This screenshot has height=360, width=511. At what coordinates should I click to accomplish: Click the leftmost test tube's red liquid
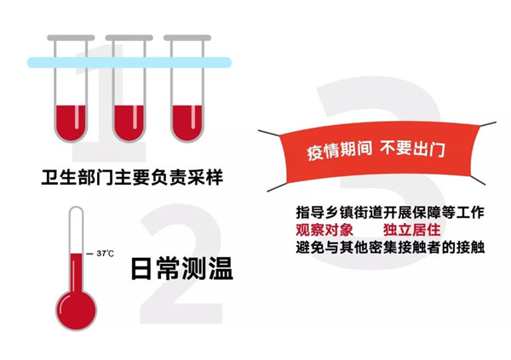pyautogui.click(x=71, y=123)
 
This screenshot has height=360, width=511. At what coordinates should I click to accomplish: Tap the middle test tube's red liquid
pyautogui.click(x=129, y=123)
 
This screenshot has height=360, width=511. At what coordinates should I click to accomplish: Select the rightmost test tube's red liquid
pyautogui.click(x=187, y=123)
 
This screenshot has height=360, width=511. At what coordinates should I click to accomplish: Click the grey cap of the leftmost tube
pyautogui.click(x=71, y=37)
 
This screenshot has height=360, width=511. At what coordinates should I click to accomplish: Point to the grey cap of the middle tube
pyautogui.click(x=129, y=37)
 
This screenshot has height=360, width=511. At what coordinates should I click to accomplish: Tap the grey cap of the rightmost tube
pyautogui.click(x=187, y=37)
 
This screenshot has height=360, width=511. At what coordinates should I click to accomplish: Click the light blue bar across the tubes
pyautogui.click(x=129, y=62)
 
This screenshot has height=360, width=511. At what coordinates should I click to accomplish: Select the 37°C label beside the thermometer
pyautogui.click(x=106, y=254)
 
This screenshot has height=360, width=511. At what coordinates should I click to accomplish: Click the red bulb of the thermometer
pyautogui.click(x=77, y=310)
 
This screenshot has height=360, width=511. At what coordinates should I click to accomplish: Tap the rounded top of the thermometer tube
pyautogui.click(x=77, y=210)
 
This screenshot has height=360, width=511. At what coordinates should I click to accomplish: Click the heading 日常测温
pyautogui.click(x=182, y=268)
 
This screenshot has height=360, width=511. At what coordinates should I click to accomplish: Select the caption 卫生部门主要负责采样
pyautogui.click(x=132, y=177)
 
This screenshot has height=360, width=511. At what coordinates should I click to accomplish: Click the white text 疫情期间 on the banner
pyautogui.click(x=339, y=151)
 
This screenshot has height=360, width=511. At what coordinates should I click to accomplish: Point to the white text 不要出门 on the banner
pyautogui.click(x=412, y=149)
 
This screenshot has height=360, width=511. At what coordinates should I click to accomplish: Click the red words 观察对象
pyautogui.click(x=324, y=230)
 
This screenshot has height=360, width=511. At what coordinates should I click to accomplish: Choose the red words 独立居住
pyautogui.click(x=412, y=230)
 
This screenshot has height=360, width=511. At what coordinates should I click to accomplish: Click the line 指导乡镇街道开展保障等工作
pyautogui.click(x=390, y=213)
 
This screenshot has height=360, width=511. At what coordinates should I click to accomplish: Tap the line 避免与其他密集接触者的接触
pyautogui.click(x=390, y=248)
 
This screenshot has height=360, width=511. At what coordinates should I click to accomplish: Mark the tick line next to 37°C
pyautogui.click(x=89, y=254)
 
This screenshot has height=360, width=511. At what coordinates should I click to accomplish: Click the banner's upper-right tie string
pyautogui.click(x=488, y=124)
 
